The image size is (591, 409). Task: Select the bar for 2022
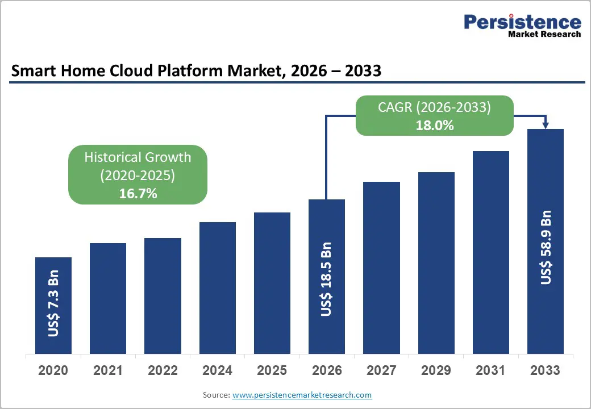coord(163,295)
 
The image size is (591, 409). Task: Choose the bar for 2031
coord(491,252)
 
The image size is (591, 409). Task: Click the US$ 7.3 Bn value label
coord(53,307)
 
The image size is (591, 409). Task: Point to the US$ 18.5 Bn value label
coord(326,279)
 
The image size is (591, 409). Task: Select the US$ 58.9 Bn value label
coord(546,248)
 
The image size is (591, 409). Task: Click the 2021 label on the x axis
coord(108,371)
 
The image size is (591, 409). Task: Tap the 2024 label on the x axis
coord(217,371)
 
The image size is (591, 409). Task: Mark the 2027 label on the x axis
coord(381,371)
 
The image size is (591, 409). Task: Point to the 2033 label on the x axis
coord(545,371)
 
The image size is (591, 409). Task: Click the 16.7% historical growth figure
coord(138,194)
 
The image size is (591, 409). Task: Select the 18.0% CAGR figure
coord(434,126)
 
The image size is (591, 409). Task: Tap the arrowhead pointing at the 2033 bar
coord(545,125)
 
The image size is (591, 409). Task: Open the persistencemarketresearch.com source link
coord(302,395)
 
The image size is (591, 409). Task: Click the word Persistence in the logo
coord(522,22)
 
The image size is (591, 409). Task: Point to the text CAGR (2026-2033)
coord(434,107)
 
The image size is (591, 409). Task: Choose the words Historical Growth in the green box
coord(138,157)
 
